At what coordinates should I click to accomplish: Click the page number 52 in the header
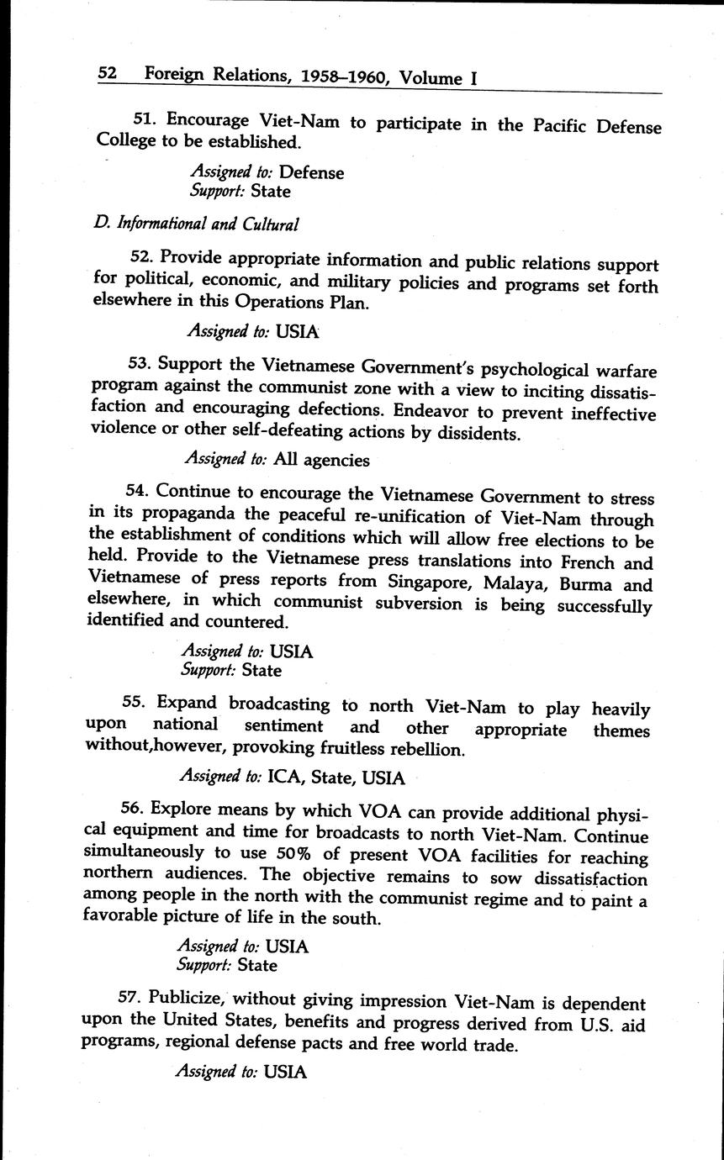click(107, 73)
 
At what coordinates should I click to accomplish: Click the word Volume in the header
click(429, 78)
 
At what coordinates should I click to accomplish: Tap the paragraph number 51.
click(146, 119)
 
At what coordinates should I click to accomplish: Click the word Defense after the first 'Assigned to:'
click(311, 172)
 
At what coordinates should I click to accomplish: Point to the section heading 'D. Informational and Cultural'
click(197, 224)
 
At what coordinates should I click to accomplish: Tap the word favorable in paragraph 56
click(121, 916)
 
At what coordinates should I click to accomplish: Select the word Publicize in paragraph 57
click(184, 999)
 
